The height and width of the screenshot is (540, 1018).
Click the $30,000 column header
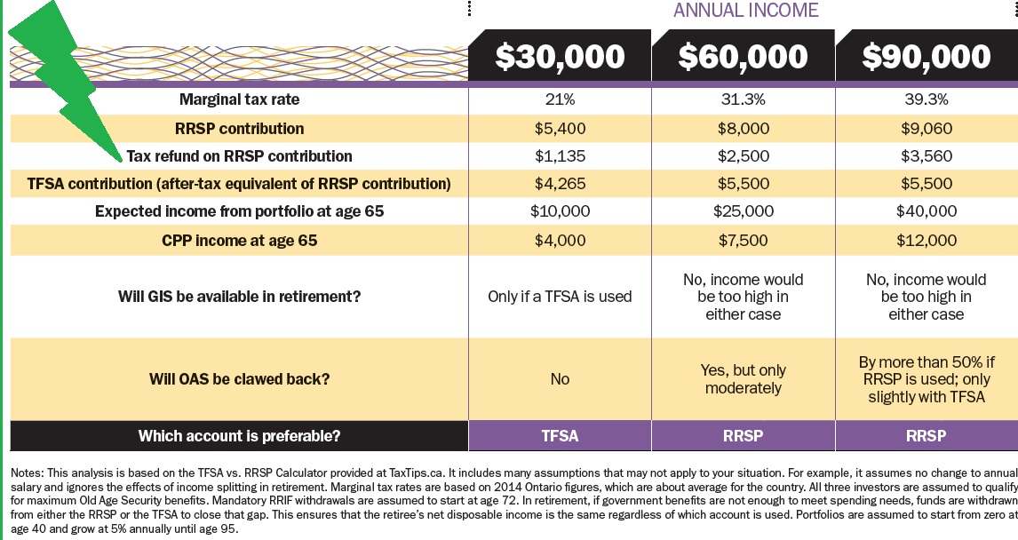(560, 57)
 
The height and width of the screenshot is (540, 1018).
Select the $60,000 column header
(743, 57)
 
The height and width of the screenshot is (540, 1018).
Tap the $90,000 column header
(926, 57)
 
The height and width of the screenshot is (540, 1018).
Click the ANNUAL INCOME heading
(745, 11)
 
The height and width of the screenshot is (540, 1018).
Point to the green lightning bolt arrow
(62, 80)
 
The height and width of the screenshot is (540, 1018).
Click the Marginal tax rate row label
(240, 100)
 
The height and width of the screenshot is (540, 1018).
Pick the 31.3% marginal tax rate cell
(743, 100)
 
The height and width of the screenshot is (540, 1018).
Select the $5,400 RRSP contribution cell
(560, 129)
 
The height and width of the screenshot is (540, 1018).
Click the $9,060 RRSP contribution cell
(926, 129)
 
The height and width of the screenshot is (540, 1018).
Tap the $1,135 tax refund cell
(560, 156)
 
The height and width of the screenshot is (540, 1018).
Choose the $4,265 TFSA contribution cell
(560, 185)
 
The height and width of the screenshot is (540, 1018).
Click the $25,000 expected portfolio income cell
(743, 212)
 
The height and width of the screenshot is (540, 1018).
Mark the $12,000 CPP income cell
(926, 241)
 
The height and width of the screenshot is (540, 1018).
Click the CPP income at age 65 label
(240, 241)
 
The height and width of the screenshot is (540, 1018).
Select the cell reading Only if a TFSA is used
(560, 297)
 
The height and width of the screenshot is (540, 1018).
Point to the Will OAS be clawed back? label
(240, 379)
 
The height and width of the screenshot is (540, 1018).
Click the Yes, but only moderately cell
(743, 379)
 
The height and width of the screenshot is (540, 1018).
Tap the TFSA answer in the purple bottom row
(560, 436)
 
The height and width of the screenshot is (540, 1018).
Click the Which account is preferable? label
(240, 436)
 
